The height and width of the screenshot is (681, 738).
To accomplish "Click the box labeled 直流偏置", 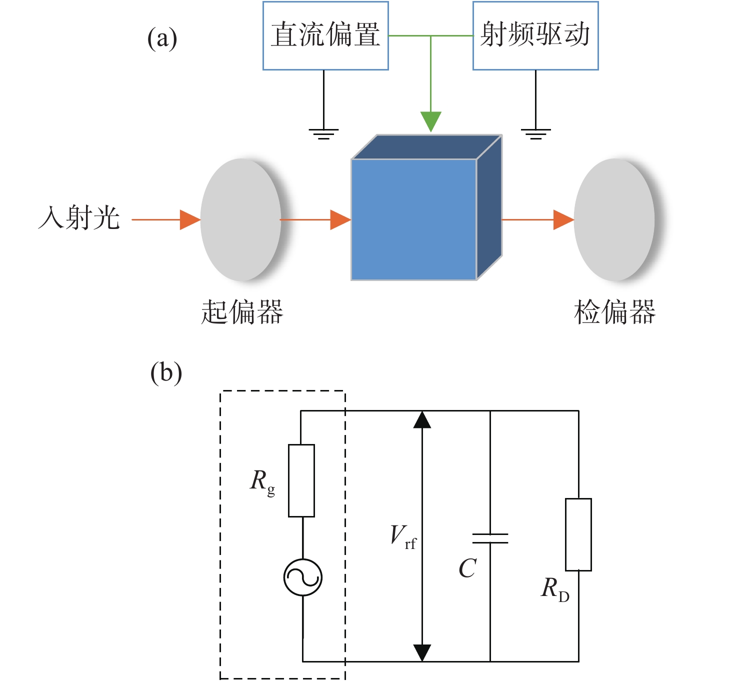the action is tap(325, 35).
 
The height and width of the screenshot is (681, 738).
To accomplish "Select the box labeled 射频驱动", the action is tap(535, 35).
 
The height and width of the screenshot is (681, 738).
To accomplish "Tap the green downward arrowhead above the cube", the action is tap(430, 121).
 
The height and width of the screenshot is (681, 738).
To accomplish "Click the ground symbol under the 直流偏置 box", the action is tap(323, 134).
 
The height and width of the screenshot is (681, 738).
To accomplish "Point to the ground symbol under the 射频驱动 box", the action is tap(535, 134).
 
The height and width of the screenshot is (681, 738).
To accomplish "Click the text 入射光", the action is tap(79, 217).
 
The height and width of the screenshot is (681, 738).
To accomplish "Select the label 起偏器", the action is tap(242, 311).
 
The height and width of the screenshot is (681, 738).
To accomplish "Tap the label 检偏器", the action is tap(614, 311).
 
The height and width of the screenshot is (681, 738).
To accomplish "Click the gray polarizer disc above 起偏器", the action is tap(241, 219).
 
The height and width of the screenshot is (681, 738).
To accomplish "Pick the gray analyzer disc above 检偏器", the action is tap(614, 219).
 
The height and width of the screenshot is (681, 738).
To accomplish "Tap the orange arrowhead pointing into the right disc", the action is tap(563, 219).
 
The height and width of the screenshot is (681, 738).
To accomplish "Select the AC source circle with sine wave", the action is tap(303, 577).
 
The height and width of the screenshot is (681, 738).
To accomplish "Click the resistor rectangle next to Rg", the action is tap(301, 480).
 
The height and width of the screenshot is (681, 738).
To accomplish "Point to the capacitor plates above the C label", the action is tap(490, 538).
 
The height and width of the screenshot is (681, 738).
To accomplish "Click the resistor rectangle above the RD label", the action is tap(578, 534).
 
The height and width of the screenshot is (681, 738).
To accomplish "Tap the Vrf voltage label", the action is tap(403, 536).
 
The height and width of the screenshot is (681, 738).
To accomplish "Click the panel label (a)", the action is tap(162, 38).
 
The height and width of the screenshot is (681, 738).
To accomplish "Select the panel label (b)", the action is tap(166, 373).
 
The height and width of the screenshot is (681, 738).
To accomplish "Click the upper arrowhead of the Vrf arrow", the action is tap(422, 419).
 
